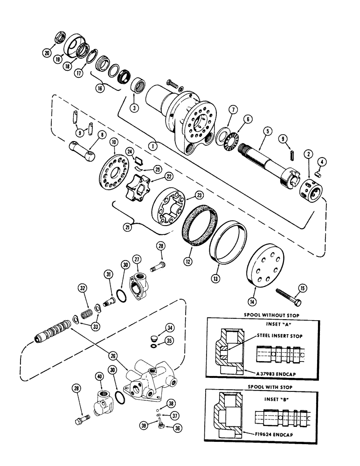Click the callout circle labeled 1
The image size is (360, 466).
click(x=153, y=144)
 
